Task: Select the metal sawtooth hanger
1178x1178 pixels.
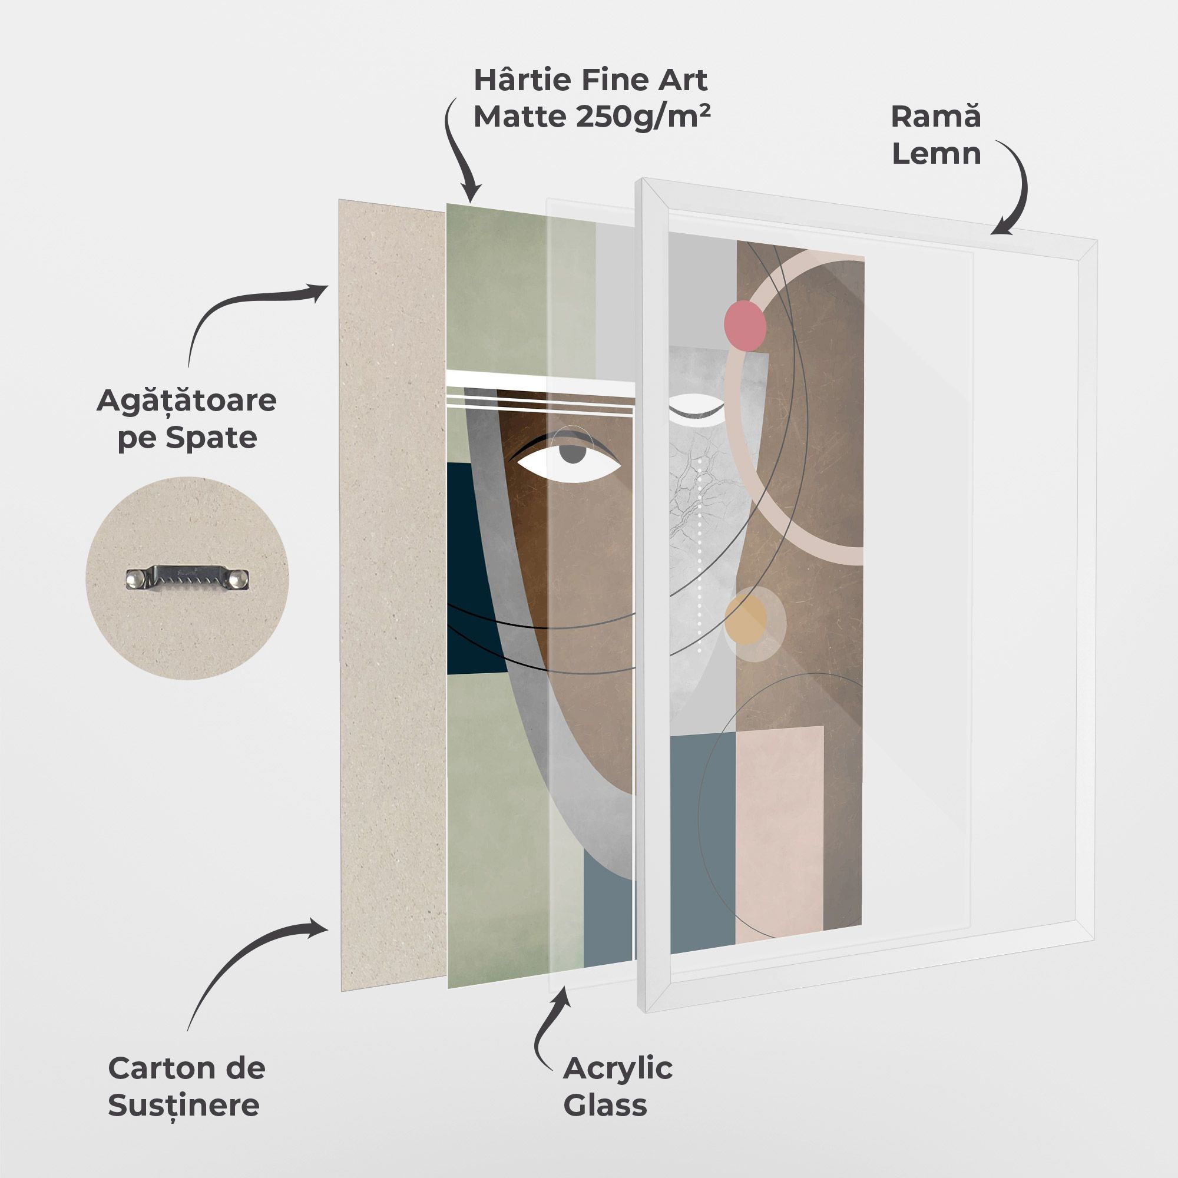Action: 187,578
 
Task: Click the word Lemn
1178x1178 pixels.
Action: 937,153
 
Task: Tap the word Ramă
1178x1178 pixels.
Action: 936,116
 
